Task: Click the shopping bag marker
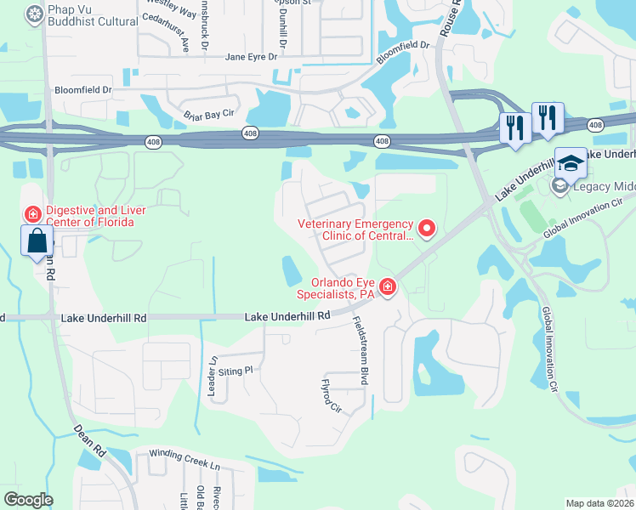point(37,241)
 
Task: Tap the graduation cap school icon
point(571,163)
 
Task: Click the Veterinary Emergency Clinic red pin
point(427,229)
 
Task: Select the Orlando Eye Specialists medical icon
point(388,288)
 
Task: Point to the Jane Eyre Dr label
point(251,57)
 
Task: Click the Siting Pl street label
point(237,371)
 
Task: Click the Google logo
point(28,500)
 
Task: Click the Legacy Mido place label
point(605,188)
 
